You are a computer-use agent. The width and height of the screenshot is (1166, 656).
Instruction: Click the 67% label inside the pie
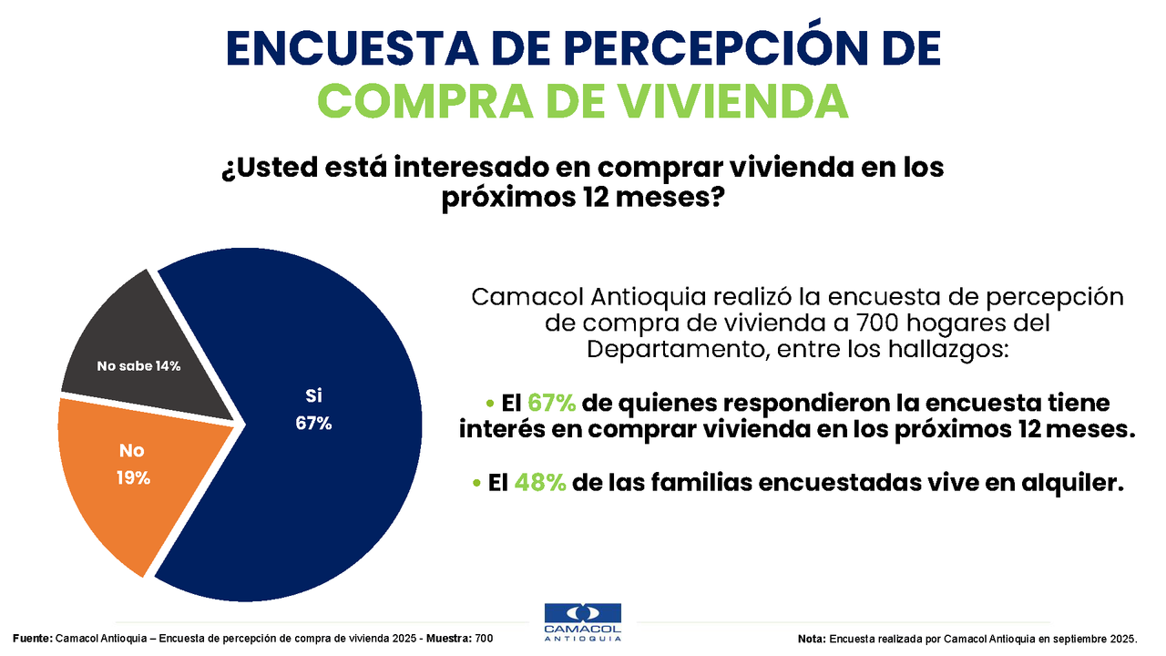coord(313,423)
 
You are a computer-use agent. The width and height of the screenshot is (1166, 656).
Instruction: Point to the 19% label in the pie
coord(133,477)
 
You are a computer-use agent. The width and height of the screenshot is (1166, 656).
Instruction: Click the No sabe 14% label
coord(138,366)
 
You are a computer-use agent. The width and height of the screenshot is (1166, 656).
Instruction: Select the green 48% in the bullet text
coord(540,484)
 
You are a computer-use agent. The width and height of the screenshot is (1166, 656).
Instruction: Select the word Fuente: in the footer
coord(33,639)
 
